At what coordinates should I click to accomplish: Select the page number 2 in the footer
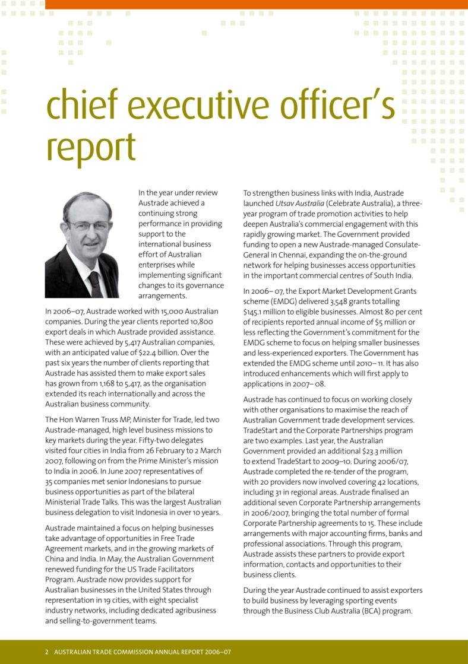coord(47,652)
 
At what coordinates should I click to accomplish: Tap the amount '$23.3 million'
coord(382,451)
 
